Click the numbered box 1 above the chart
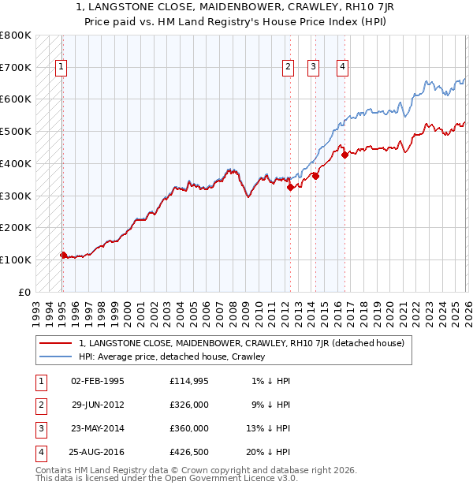click(61, 68)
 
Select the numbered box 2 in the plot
click(289, 68)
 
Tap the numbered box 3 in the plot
click(314, 68)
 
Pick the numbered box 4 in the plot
click(343, 68)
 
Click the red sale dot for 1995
click(63, 255)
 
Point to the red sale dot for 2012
click(290, 187)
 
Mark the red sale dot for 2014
click(315, 176)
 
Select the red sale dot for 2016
click(345, 155)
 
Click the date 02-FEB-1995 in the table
click(98, 381)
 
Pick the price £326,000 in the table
click(189, 405)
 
